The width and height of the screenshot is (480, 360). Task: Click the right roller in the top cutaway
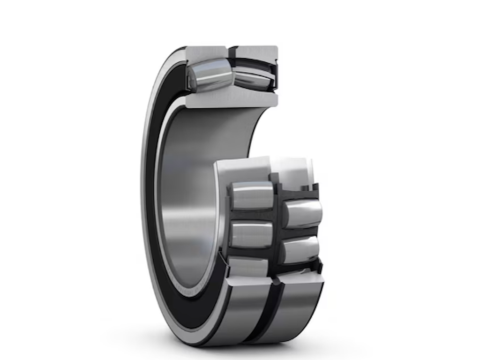click(253, 78)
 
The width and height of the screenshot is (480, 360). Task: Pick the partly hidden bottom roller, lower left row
click(248, 267)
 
